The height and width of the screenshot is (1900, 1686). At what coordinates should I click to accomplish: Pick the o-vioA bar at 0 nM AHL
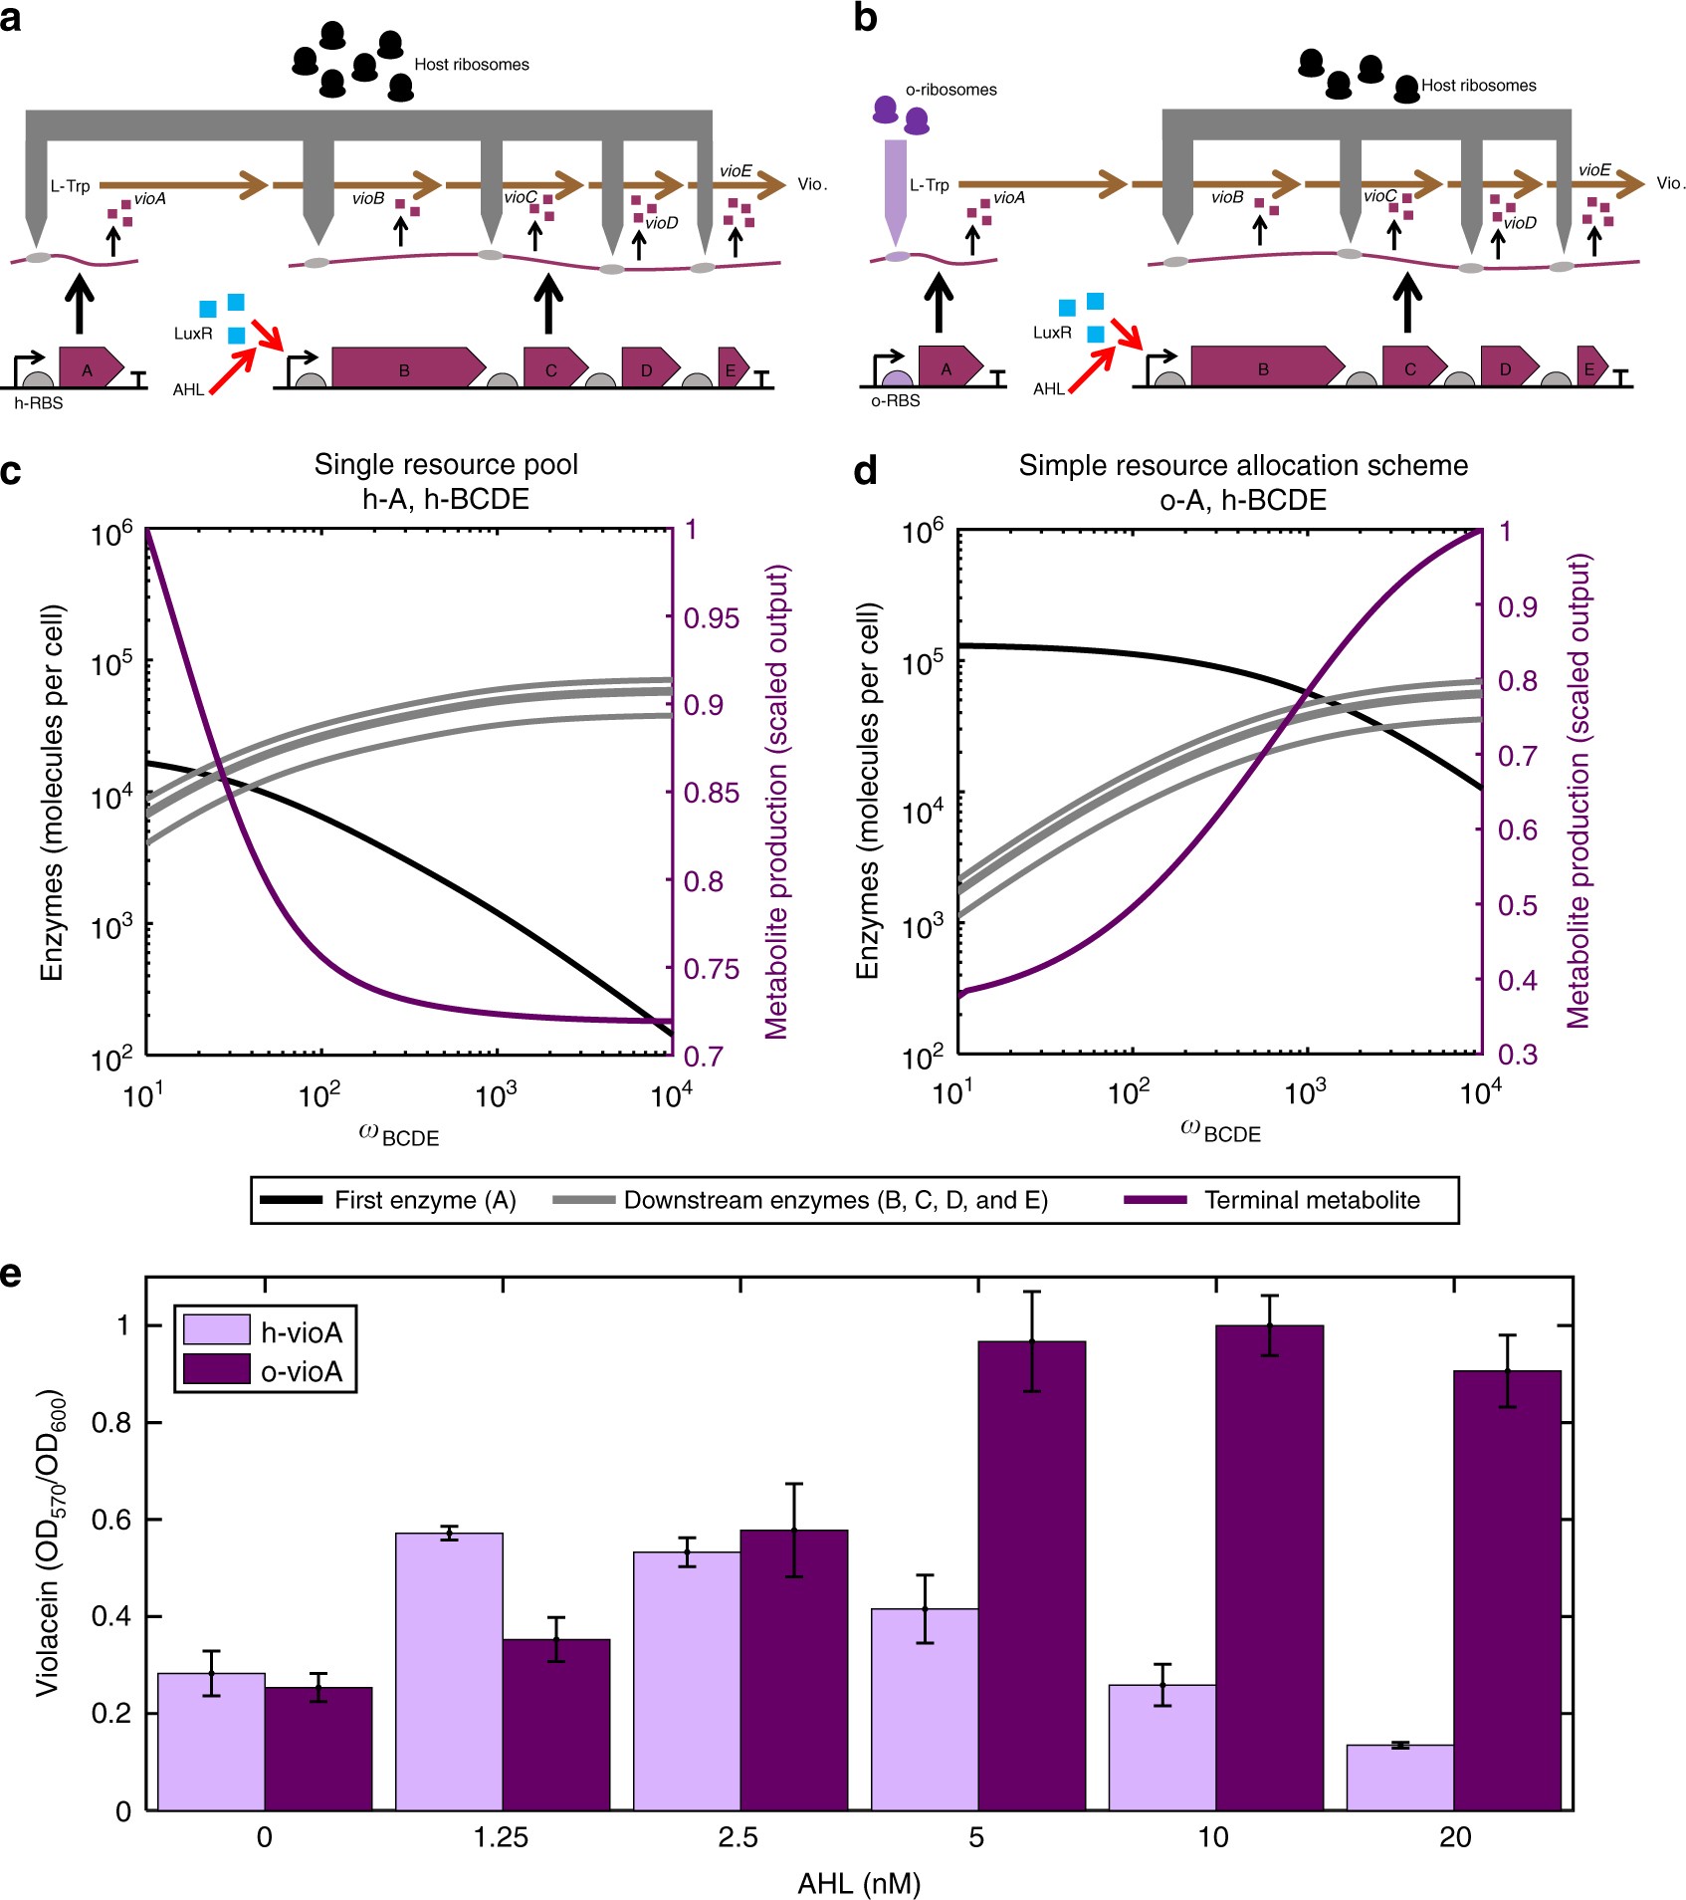(318, 1749)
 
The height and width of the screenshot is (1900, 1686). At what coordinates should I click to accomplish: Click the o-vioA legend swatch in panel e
(216, 1370)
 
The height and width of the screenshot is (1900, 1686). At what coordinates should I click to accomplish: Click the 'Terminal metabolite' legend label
(1312, 1200)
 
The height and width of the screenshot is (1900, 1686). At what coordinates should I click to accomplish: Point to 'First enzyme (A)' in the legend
(425, 1200)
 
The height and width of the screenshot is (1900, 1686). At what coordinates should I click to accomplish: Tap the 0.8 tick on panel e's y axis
(111, 1422)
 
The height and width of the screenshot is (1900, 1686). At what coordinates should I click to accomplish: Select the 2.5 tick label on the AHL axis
(738, 1837)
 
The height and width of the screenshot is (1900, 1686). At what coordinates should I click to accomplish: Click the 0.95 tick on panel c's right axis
(712, 618)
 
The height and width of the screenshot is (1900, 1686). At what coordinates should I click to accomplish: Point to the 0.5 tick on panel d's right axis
(1518, 905)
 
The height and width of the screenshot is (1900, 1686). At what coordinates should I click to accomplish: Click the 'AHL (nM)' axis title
(859, 1883)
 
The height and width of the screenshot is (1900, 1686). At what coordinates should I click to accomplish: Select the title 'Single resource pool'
(446, 465)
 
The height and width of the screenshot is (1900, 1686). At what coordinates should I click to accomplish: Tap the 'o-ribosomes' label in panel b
(950, 90)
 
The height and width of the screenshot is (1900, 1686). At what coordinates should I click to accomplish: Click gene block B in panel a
(403, 368)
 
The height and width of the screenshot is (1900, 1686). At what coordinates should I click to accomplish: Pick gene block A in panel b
(946, 368)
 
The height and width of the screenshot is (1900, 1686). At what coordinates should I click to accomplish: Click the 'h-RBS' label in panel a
(39, 403)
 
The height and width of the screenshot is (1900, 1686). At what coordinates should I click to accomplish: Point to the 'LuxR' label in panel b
(1052, 333)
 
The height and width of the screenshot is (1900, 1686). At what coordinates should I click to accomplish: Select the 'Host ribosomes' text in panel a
(472, 65)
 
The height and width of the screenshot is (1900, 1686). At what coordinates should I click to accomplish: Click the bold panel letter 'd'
(865, 469)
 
